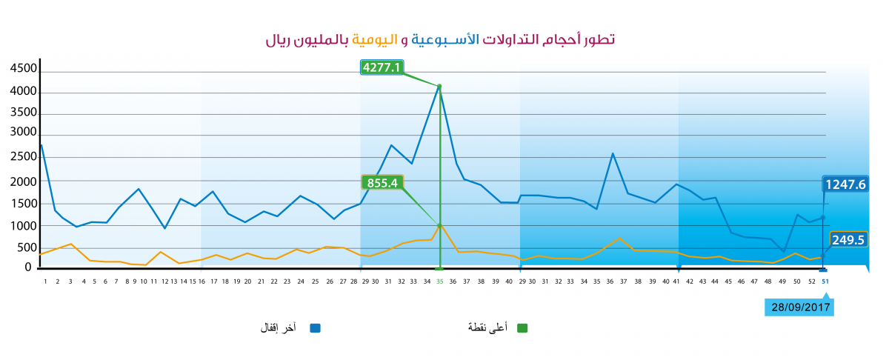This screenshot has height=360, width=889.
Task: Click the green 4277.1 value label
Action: pyautogui.click(x=382, y=67)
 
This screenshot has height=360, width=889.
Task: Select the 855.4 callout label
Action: pyautogui.click(x=382, y=182)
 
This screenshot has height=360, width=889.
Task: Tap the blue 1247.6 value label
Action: pyautogui.click(x=845, y=184)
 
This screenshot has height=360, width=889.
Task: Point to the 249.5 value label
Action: pyautogui.click(x=848, y=240)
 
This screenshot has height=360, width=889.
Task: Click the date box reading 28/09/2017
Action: pyautogui.click(x=799, y=307)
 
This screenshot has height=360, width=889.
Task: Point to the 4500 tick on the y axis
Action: pyautogui.click(x=24, y=68)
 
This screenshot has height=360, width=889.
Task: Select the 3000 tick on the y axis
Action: pyautogui.click(x=24, y=132)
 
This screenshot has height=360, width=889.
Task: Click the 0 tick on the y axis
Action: pyautogui.click(x=28, y=267)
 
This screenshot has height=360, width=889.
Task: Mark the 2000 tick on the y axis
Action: pyautogui.click(x=24, y=181)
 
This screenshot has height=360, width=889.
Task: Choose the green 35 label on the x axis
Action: pyautogui.click(x=440, y=281)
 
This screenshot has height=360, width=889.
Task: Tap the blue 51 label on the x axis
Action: pyautogui.click(x=825, y=281)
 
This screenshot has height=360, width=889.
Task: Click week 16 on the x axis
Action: pyautogui.click(x=202, y=281)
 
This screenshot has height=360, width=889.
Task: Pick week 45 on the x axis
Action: pyautogui.click(x=728, y=281)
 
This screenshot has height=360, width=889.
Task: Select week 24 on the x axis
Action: pyautogui.click(x=301, y=281)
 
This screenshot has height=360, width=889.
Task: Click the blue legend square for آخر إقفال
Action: pyautogui.click(x=315, y=328)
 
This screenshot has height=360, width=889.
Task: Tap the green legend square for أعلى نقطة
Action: pyautogui.click(x=522, y=328)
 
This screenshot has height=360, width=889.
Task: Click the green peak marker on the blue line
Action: pyautogui.click(x=439, y=86)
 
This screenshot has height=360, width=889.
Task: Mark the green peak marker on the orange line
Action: pyautogui.click(x=439, y=225)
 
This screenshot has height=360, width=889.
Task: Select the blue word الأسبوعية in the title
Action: pyautogui.click(x=445, y=39)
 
